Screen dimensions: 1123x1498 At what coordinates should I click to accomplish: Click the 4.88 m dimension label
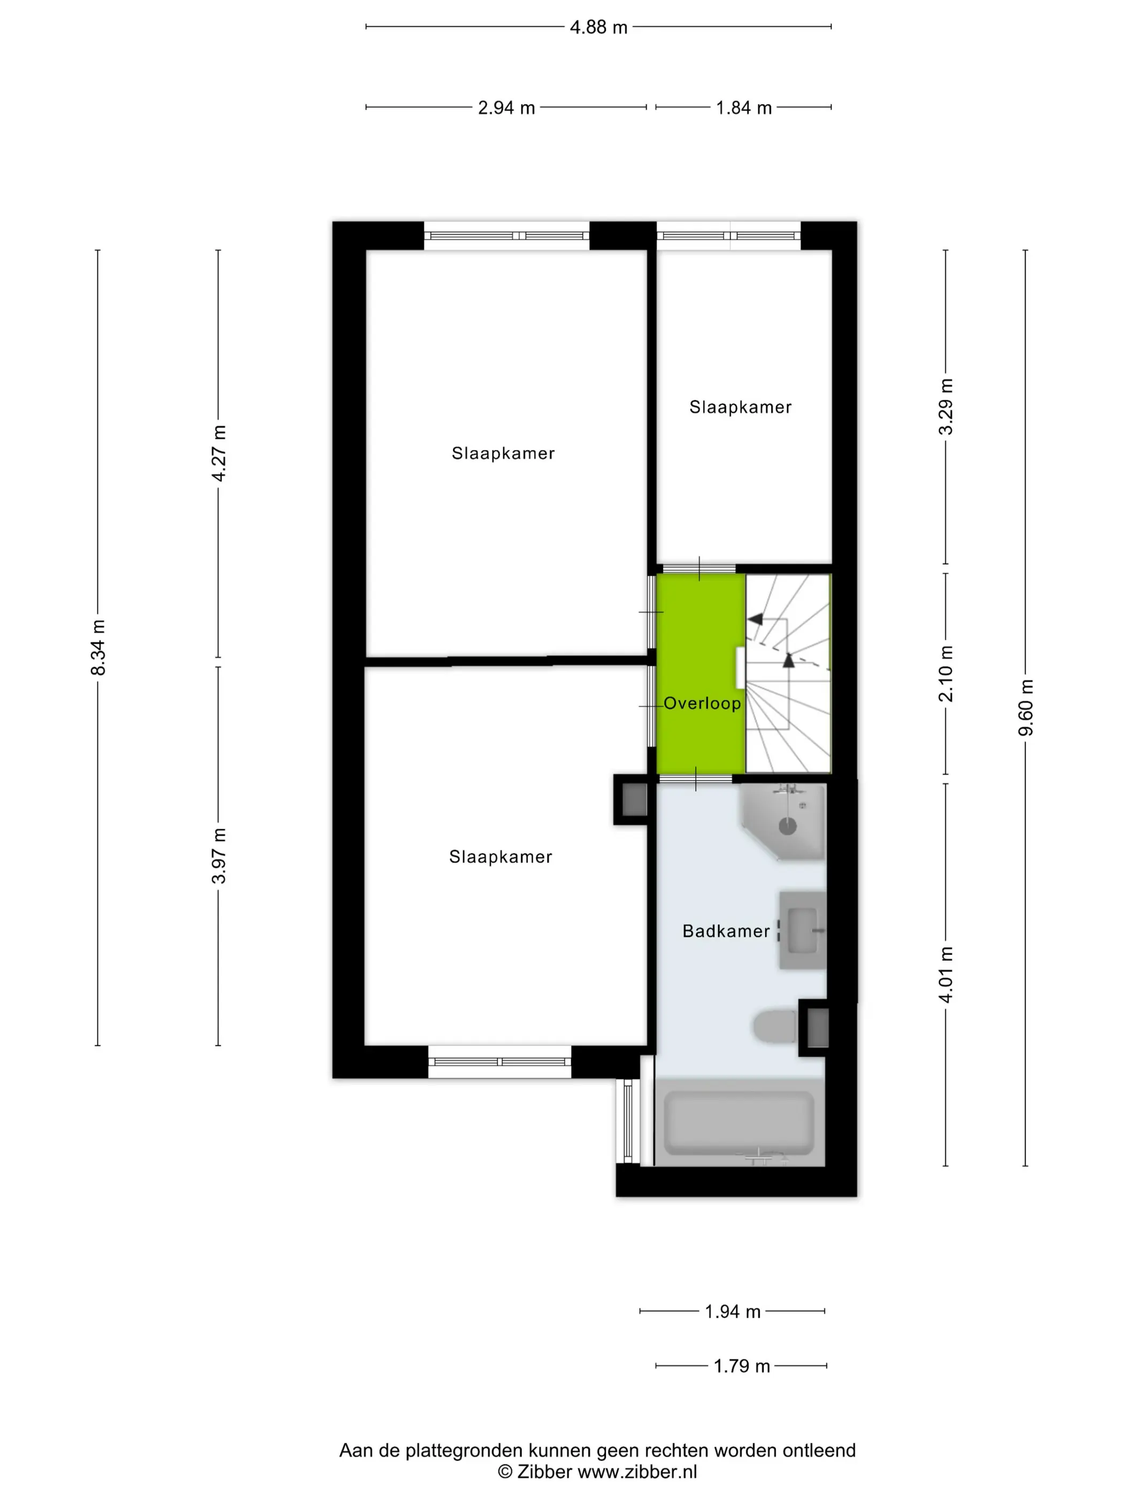click(598, 27)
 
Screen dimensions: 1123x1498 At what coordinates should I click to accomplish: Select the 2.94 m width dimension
click(506, 108)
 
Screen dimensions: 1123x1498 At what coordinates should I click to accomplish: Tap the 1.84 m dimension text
click(743, 108)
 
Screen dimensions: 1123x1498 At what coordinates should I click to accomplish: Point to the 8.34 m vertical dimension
click(98, 647)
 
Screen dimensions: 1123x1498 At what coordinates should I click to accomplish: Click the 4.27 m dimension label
click(219, 453)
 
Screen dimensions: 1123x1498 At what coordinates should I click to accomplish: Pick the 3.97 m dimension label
click(219, 855)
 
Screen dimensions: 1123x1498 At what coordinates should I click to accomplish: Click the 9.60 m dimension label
click(1026, 707)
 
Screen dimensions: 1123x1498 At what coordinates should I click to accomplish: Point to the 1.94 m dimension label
click(733, 1312)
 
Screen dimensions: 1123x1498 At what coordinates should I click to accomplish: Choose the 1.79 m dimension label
click(742, 1366)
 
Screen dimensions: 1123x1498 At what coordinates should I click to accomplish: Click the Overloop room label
click(702, 703)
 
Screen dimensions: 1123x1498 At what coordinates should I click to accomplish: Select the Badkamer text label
click(726, 931)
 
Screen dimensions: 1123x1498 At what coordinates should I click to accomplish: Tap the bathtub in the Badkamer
click(739, 1122)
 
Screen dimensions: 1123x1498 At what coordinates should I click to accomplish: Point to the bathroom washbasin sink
click(803, 930)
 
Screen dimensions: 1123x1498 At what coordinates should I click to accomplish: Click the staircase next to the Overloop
click(788, 673)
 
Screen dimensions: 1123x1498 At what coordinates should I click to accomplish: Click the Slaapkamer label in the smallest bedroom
click(740, 407)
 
